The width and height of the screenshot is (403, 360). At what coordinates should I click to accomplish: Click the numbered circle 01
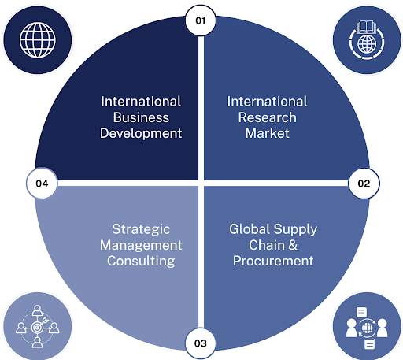pos(201,20)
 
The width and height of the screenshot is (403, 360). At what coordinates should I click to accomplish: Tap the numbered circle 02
pos(364,184)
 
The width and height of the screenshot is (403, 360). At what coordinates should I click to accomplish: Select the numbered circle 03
pos(201,343)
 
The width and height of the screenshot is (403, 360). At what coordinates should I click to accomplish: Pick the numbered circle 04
pos(42,184)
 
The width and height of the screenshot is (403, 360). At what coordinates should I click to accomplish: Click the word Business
pos(141,117)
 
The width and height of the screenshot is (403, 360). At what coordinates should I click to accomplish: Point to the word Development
pos(141,133)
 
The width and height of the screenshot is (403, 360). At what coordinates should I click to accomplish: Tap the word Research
pos(268,117)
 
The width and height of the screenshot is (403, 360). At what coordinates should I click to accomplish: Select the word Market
pos(268,133)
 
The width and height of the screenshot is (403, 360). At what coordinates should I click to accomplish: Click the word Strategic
pos(141,229)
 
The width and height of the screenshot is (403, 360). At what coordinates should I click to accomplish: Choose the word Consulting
pos(141,261)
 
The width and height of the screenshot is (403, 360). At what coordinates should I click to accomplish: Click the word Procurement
pos(273,261)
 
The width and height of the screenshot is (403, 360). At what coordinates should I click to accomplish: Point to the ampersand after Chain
pos(293,245)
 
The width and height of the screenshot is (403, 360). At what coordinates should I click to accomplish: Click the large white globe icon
pos(38,40)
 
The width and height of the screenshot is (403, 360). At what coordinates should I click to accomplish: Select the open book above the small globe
pos(367,27)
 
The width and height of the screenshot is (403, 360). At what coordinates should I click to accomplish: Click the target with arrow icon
pos(38,327)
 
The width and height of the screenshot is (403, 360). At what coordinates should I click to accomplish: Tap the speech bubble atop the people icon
pos(361,313)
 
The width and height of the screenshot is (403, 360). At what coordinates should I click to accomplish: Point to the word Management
pos(141,245)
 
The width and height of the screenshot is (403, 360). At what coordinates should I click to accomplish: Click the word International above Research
pos(267,102)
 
